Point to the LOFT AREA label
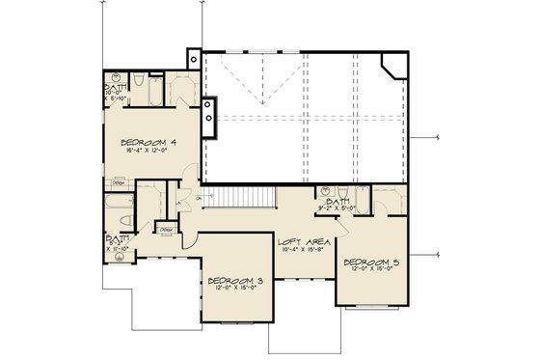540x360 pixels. pos(300,241)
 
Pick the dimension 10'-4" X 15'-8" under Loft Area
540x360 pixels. pos(300,251)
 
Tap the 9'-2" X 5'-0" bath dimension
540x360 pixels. pos(337,207)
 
